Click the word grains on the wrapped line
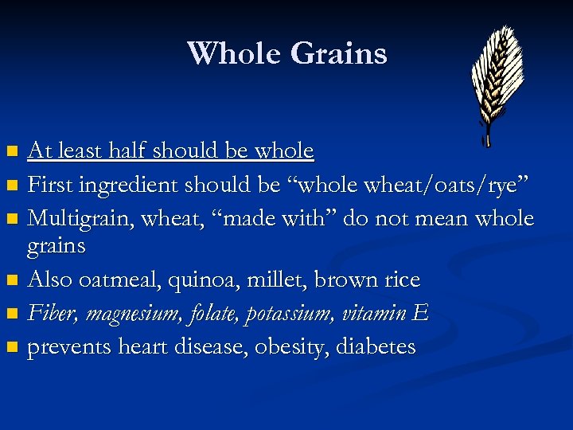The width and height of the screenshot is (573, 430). coord(56,246)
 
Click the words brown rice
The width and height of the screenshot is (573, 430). coord(368,280)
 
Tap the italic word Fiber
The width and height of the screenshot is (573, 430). coord(53,314)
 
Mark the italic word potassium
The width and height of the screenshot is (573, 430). coord(288,314)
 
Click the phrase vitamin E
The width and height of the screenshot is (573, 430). coord(385,314)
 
